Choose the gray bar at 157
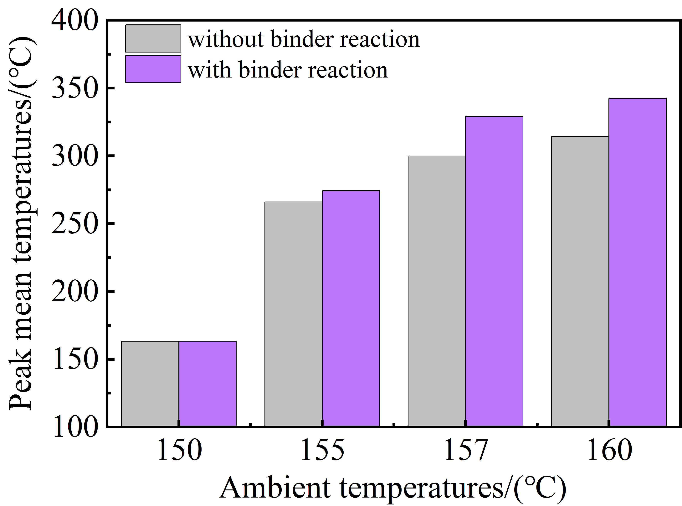[x=437, y=291]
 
